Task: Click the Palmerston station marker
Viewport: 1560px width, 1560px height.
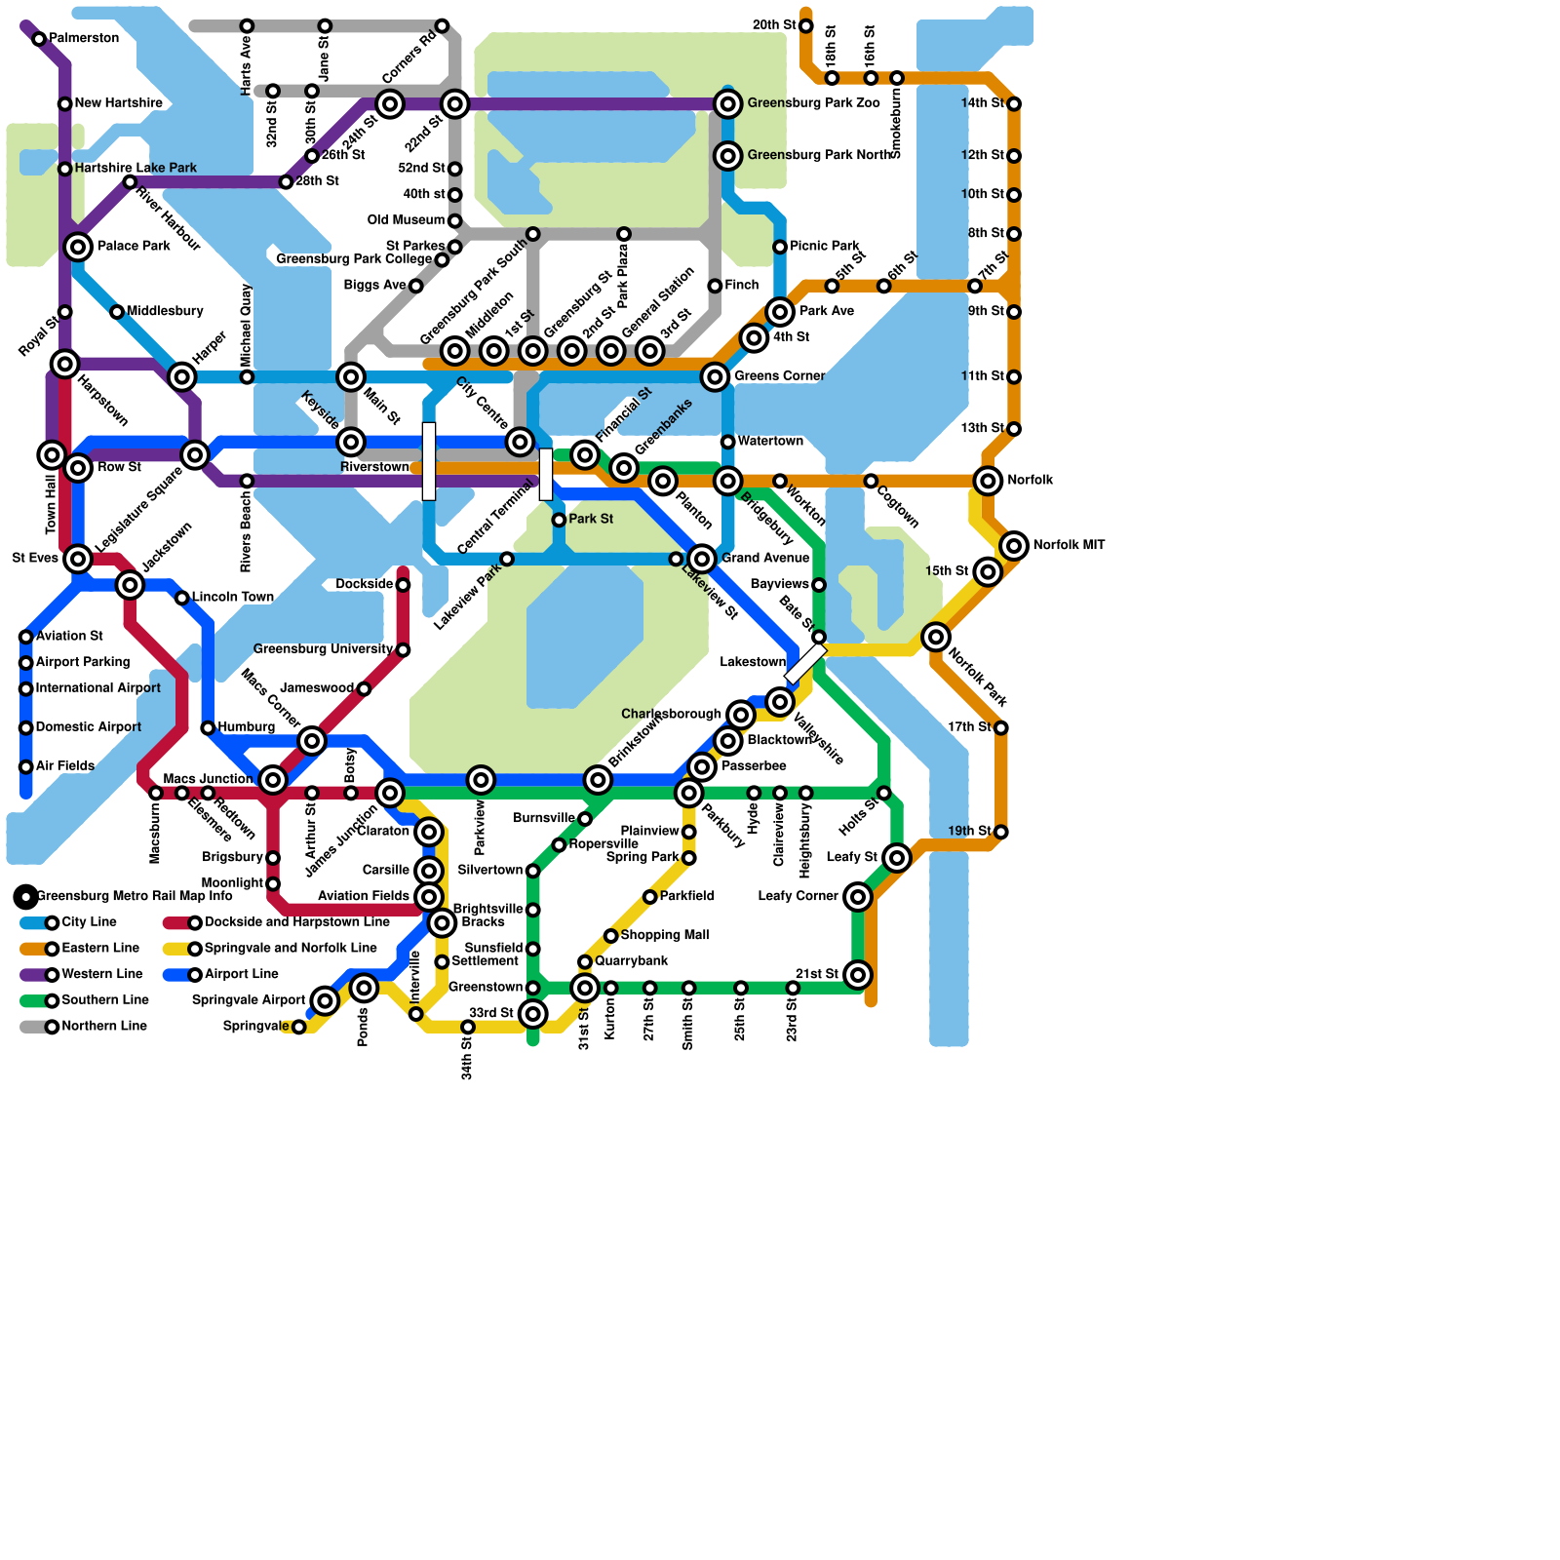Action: pos(39,39)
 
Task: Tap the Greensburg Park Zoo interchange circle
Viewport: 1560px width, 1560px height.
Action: pos(727,103)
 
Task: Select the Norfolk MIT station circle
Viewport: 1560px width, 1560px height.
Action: pos(1014,545)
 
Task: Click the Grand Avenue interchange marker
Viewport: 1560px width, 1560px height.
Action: pos(702,559)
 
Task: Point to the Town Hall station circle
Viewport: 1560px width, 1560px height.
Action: pos(52,454)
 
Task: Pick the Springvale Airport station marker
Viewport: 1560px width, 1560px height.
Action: pos(325,1000)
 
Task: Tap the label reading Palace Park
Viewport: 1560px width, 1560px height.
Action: pos(134,247)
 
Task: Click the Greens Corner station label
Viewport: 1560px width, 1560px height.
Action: pos(779,376)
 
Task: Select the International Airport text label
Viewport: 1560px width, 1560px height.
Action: pos(97,688)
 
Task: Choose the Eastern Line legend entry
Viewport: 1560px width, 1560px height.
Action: pos(99,949)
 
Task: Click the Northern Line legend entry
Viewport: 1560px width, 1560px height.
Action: pos(103,1027)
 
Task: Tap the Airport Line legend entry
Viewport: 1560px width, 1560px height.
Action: pos(241,974)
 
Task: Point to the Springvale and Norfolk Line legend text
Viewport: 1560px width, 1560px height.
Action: pos(290,949)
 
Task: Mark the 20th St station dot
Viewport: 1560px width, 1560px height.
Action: pos(805,25)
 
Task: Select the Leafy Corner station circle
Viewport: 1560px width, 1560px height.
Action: pos(857,896)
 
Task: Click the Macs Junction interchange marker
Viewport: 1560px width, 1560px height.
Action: pos(273,779)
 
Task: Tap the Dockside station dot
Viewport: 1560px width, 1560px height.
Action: pos(403,585)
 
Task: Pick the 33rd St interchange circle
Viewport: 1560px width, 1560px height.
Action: pos(532,1014)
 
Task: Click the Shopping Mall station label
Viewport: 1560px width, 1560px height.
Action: pos(664,935)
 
